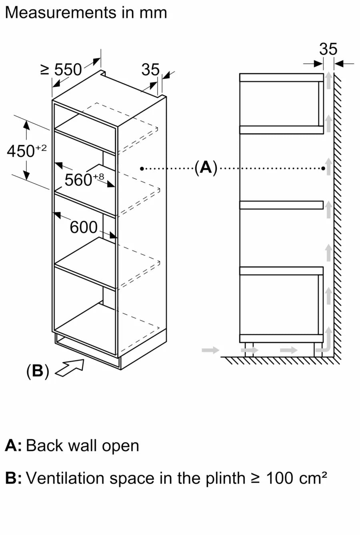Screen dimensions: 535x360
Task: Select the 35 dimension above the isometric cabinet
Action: point(150,70)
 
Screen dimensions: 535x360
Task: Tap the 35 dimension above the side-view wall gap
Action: point(328,49)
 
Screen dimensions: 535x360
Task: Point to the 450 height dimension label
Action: point(26,151)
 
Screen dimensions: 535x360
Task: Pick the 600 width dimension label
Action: point(84,228)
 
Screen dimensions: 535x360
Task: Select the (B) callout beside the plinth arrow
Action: point(37,371)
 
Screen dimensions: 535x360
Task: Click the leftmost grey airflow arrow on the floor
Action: point(211,350)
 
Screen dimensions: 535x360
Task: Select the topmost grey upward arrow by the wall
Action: point(328,80)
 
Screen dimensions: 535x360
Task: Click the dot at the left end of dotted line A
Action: point(142,169)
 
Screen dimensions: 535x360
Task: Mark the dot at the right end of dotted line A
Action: point(323,169)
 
